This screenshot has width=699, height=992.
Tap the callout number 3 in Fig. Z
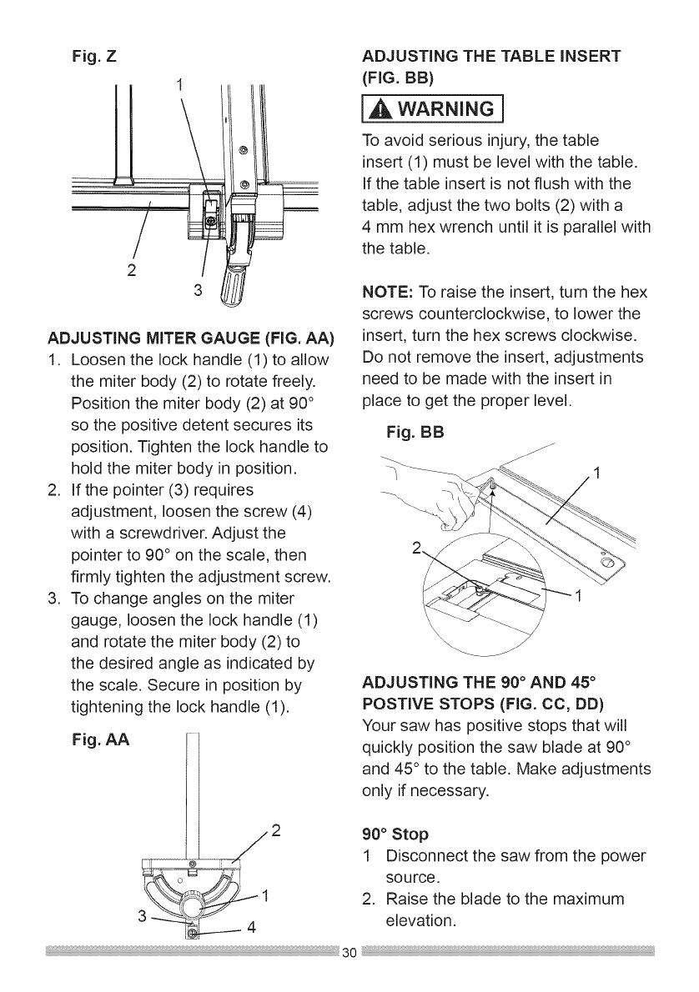pos(198,291)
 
